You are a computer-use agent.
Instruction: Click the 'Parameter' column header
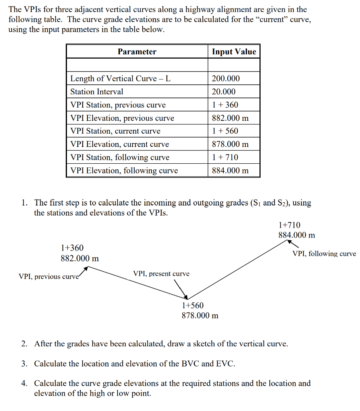(x=137, y=51)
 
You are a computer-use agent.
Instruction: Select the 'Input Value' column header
(x=234, y=51)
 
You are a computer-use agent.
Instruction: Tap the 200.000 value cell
(x=226, y=78)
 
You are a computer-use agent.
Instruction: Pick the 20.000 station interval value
(x=224, y=92)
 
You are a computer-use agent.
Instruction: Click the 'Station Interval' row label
(x=97, y=92)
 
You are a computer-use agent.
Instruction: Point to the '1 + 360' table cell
(x=225, y=105)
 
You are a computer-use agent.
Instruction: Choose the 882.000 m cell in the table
(x=230, y=118)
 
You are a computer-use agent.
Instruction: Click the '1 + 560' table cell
(x=225, y=131)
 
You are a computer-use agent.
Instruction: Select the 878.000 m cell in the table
(x=230, y=144)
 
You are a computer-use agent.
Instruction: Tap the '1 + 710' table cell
(x=225, y=157)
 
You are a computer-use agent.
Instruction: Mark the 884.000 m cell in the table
(x=230, y=171)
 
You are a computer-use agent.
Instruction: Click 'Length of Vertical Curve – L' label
(x=120, y=78)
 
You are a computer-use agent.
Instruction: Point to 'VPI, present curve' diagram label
(x=161, y=274)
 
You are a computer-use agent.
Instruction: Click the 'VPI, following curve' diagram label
(x=324, y=254)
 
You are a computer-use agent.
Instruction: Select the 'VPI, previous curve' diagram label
(x=49, y=277)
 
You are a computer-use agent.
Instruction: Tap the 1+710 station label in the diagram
(x=289, y=225)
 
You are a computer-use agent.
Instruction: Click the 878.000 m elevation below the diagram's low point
(x=200, y=315)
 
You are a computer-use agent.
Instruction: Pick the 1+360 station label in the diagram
(x=72, y=248)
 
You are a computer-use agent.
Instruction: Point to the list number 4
(x=24, y=383)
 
